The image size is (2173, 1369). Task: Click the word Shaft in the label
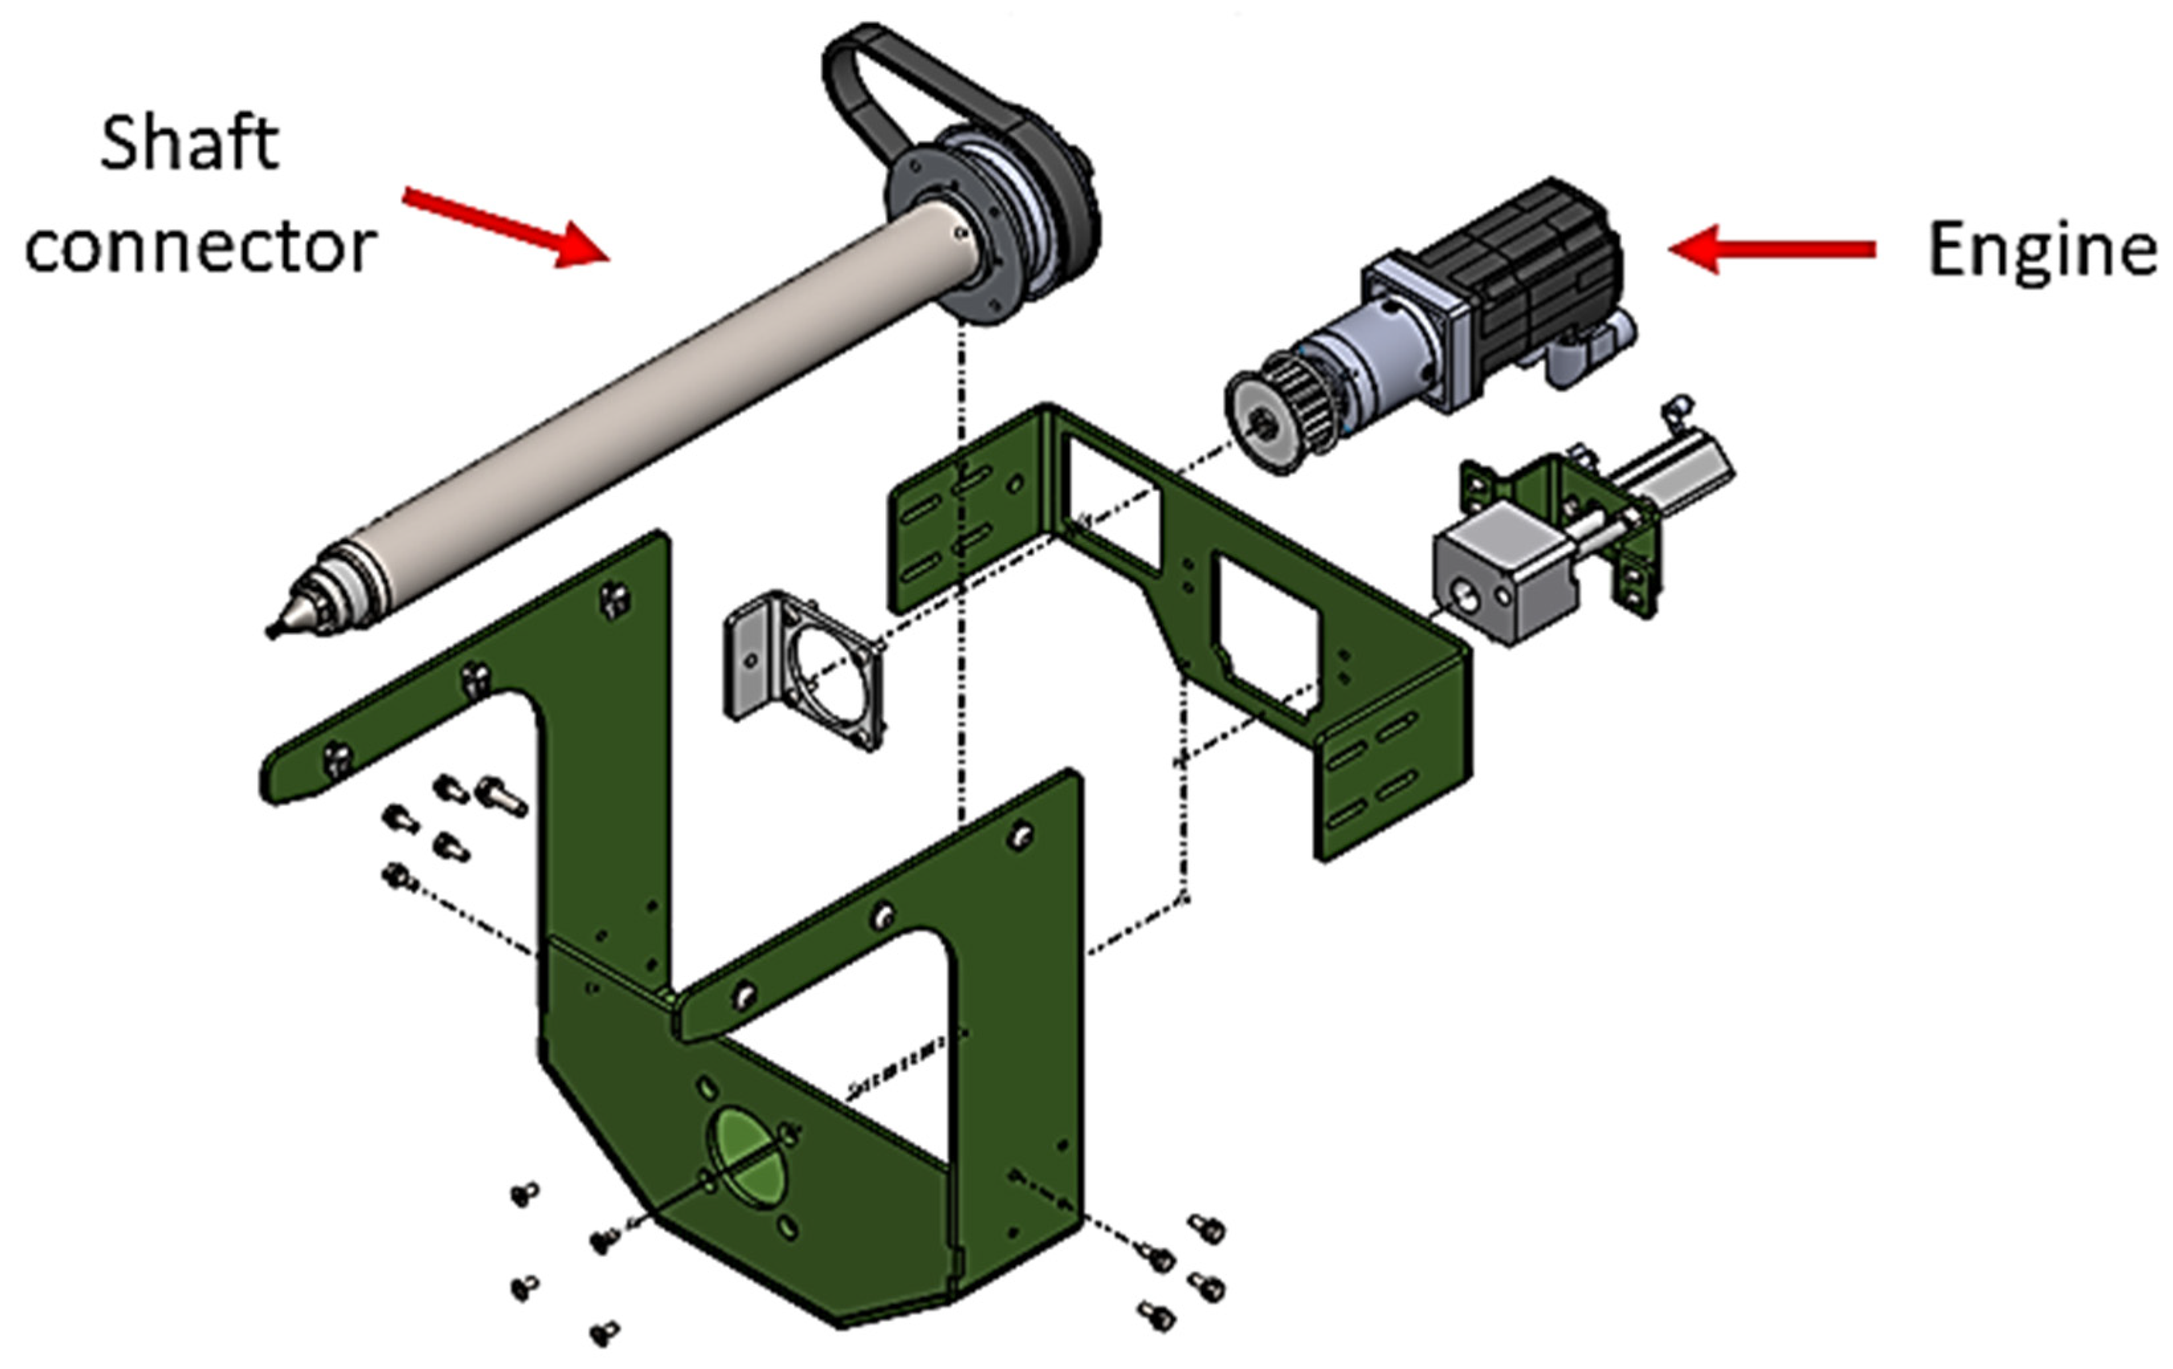pos(189,144)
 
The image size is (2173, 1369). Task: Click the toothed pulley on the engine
pos(1273,410)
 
